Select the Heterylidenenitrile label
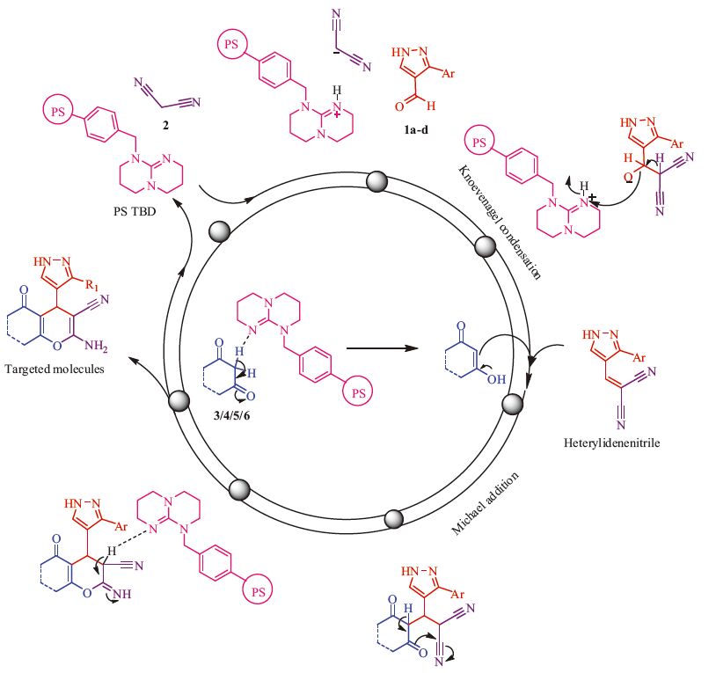tap(621, 443)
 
